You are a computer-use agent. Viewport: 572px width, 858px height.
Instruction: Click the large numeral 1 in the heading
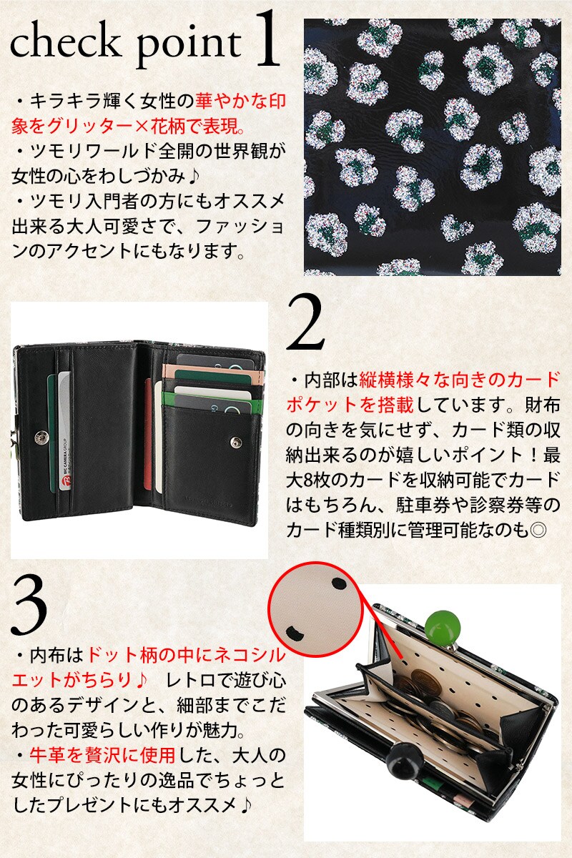pyautogui.click(x=266, y=39)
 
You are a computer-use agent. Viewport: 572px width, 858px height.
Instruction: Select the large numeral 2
pyautogui.click(x=305, y=322)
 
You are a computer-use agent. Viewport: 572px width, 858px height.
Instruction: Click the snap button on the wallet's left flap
pyautogui.click(x=40, y=437)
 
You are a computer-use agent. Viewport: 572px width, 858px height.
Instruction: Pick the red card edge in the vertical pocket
pyautogui.click(x=148, y=435)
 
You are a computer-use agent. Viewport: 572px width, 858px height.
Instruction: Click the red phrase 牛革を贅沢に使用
pyautogui.click(x=102, y=754)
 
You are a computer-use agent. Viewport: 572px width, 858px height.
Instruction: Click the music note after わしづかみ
pyautogui.click(x=194, y=177)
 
